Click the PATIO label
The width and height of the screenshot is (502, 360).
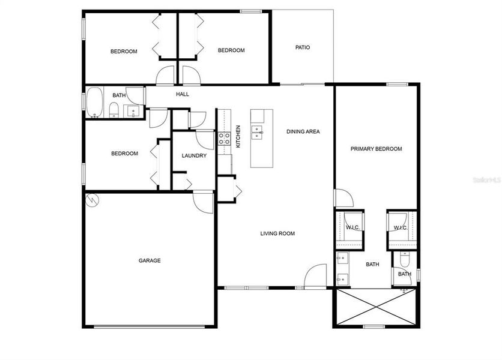click(303, 47)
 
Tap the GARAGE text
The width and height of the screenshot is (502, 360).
click(150, 260)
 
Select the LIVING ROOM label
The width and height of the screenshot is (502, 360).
click(277, 233)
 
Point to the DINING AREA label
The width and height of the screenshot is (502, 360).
click(303, 131)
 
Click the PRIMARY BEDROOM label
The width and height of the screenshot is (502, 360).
click(376, 149)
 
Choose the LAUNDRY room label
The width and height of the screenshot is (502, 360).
click(194, 156)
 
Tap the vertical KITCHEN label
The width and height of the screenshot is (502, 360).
click(238, 136)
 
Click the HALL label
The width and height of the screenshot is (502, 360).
click(183, 95)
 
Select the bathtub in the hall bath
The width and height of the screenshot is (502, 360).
click(95, 103)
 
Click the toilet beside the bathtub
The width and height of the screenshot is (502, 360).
click(113, 109)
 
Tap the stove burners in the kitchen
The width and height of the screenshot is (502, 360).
click(224, 139)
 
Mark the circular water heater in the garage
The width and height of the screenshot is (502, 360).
click(92, 200)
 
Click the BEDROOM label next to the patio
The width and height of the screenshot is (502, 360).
click(231, 50)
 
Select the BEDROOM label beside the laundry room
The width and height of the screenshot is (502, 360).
click(124, 154)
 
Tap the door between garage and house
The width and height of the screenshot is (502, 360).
click(203, 202)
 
